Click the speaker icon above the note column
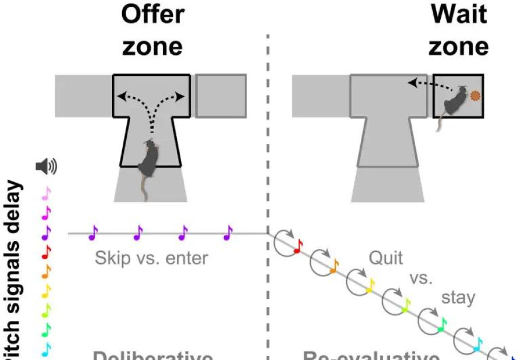click(46, 167)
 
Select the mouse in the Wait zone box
click(453, 103)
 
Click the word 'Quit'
click(385, 258)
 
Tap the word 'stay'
click(458, 298)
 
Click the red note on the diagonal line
click(297, 247)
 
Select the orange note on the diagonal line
click(333, 265)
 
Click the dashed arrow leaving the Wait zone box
click(428, 85)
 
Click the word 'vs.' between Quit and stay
click(421, 279)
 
